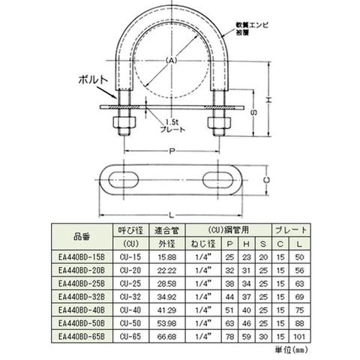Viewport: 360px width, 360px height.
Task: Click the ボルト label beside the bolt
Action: click(93, 80)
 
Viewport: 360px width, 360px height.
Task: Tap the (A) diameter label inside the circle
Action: click(172, 60)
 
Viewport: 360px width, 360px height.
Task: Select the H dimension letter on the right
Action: click(268, 100)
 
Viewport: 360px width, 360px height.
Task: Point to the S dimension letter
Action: click(254, 112)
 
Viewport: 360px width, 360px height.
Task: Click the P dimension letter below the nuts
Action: click(172, 151)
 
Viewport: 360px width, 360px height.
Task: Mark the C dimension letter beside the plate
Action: click(267, 180)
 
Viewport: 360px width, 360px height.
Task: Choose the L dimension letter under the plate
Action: click(171, 215)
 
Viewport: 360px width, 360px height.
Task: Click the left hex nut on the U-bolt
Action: click(124, 122)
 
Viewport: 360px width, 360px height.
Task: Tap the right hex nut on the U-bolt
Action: click(219, 122)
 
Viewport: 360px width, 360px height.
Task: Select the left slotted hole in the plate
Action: click(124, 180)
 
